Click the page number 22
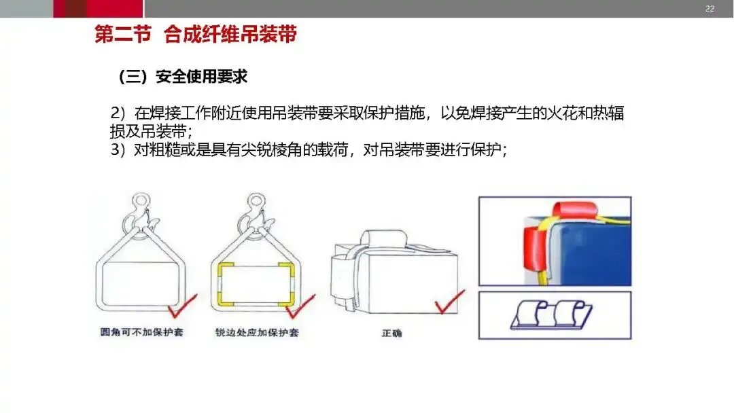point(710,8)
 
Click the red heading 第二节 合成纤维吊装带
point(195,35)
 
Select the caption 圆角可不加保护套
point(140,333)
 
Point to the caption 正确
point(391,334)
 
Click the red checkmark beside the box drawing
point(449,302)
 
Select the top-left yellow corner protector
point(224,266)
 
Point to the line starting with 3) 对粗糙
point(309,150)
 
